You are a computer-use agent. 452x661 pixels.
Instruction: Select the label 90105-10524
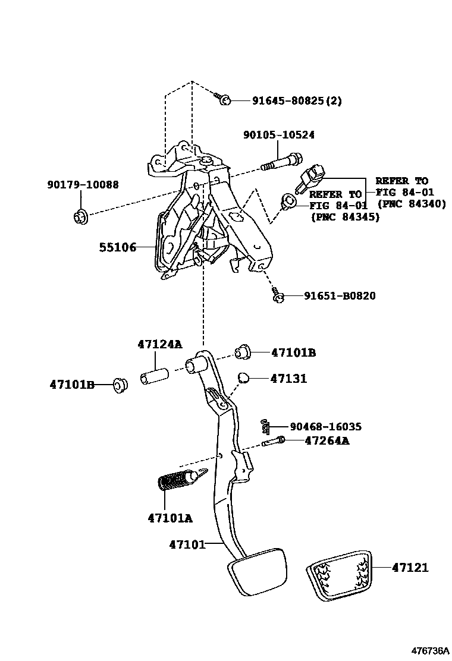pos(278,135)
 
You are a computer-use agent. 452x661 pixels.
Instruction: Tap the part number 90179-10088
pos(83,185)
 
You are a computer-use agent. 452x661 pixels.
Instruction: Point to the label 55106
pos(117,247)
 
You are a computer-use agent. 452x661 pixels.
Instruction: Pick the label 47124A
pos(160,344)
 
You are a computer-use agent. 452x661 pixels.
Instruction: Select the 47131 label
pos(288,379)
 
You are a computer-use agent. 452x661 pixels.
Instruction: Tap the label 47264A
pos(327,440)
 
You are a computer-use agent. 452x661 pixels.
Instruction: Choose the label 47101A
pos(170,518)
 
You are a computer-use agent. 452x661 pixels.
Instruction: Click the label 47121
pos(410,568)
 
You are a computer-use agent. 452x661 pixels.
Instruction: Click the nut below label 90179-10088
pos(80,217)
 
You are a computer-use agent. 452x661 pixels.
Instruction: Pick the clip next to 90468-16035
pos(266,426)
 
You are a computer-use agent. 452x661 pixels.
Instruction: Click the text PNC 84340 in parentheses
pos(411,204)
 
